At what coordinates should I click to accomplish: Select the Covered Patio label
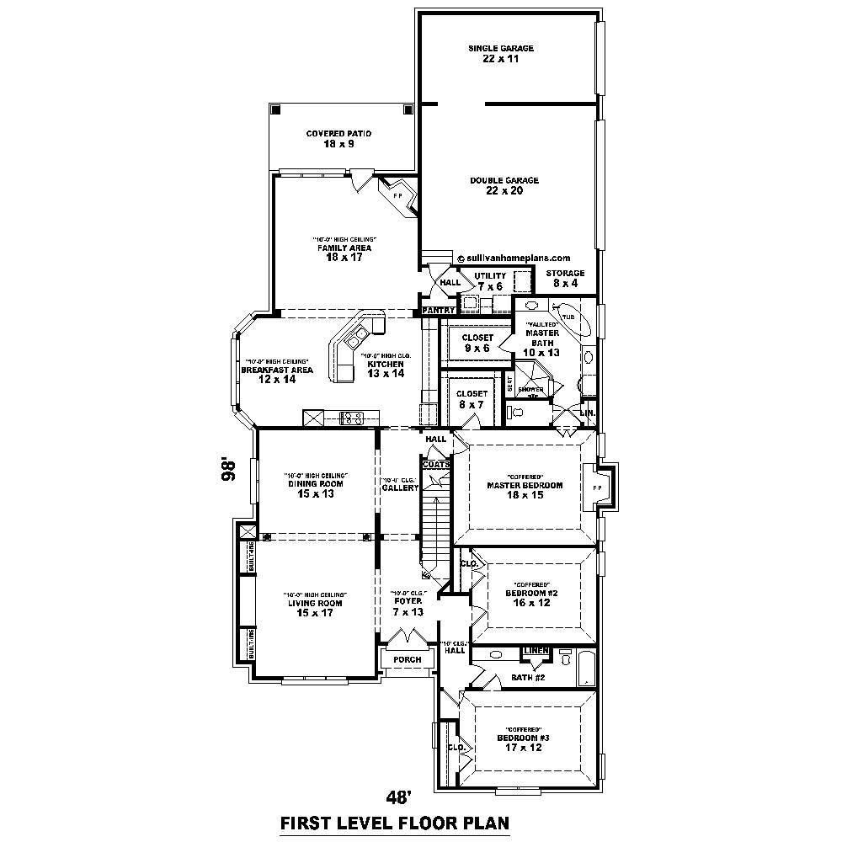click(x=338, y=139)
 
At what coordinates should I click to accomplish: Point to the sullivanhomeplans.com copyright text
click(x=514, y=258)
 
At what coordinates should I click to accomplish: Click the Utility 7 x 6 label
click(x=489, y=281)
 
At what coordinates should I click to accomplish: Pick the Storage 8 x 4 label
click(x=564, y=279)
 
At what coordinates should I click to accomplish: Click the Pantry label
click(x=438, y=311)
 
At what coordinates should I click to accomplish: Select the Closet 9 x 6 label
click(x=477, y=343)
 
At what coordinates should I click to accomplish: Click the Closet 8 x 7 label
click(x=472, y=399)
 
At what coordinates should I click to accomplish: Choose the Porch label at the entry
click(x=407, y=659)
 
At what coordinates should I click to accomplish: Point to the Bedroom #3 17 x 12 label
click(x=523, y=743)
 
